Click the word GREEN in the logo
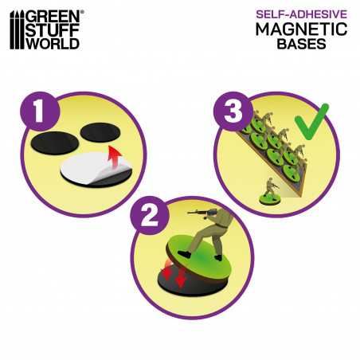pyautogui.click(x=53, y=17)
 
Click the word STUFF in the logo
pyautogui.click(x=53, y=29)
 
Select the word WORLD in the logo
pyautogui.click(x=53, y=43)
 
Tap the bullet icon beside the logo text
pyautogui.click(x=17, y=29)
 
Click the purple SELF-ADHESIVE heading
pyautogui.click(x=301, y=14)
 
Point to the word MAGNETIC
pyautogui.click(x=301, y=29)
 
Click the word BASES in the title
pyautogui.click(x=301, y=44)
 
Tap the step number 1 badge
pyautogui.click(x=39, y=112)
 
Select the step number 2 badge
pyautogui.click(x=149, y=216)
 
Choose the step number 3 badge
pyautogui.click(x=233, y=112)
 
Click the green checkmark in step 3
pyautogui.click(x=311, y=122)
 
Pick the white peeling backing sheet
pyautogui.click(x=94, y=168)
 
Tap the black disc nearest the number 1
pyautogui.click(x=55, y=143)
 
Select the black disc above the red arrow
pyautogui.click(x=100, y=132)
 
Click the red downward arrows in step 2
pyautogui.click(x=174, y=275)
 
